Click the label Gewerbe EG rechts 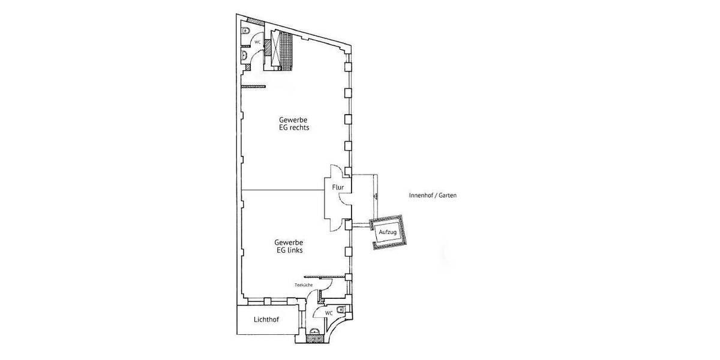pos(293,123)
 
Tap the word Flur pos(338,188)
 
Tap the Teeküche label pos(303,285)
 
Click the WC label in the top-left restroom pos(257,43)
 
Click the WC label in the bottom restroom pos(329,313)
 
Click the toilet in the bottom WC pos(341,310)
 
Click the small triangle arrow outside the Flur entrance pos(374,196)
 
